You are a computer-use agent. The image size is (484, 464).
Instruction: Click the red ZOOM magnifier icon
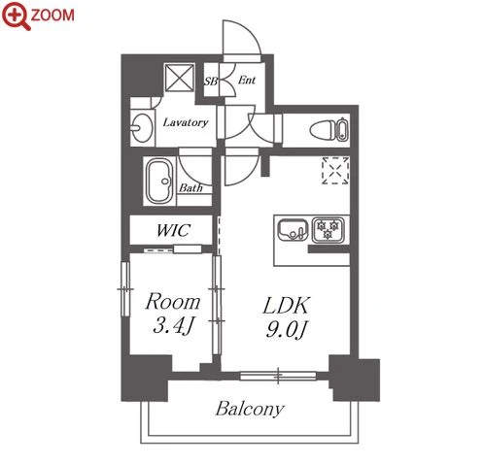point(16,16)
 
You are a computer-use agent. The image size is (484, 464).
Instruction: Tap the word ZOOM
point(52,16)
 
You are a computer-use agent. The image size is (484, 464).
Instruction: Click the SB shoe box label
point(211,81)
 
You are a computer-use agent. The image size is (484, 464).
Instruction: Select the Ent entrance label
point(247,80)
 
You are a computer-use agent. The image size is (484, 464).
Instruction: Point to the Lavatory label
point(186,122)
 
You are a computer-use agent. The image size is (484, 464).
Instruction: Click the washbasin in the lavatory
point(142,127)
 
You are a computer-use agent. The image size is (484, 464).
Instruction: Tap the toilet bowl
point(323,131)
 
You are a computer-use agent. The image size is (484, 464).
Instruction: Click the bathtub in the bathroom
point(159,181)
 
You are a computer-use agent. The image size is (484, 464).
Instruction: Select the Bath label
point(191,188)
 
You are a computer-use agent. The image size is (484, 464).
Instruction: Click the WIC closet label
point(173,230)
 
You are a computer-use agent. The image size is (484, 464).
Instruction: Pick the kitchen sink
point(293,230)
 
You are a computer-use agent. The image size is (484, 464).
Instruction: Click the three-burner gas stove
point(328,230)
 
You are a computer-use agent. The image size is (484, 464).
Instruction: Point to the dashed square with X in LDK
point(335,170)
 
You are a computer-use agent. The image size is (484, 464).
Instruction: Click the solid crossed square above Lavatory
point(180,78)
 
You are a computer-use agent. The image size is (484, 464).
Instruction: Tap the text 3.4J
point(173,325)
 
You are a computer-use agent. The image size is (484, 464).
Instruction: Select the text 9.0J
point(286,329)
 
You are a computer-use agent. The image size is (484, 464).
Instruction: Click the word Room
point(173,302)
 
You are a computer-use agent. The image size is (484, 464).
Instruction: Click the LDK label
point(287,305)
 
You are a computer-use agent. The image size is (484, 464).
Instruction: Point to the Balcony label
point(250,409)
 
